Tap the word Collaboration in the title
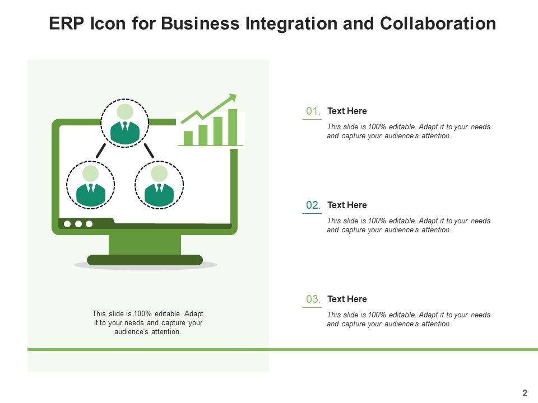(x=438, y=24)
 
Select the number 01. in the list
(x=313, y=111)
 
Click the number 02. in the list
(x=313, y=205)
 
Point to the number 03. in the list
(x=313, y=299)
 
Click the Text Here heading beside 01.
(x=347, y=111)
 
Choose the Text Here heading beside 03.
(x=347, y=299)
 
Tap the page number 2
(x=525, y=393)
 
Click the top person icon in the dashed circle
(x=125, y=124)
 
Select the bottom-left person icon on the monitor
(x=91, y=185)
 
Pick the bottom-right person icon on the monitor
(x=159, y=185)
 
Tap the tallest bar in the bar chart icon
(x=233, y=127)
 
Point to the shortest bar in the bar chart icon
(x=188, y=138)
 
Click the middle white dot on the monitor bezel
(x=78, y=224)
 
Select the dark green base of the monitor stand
(x=145, y=260)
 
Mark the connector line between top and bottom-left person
(x=101, y=150)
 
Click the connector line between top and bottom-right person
(x=149, y=150)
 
